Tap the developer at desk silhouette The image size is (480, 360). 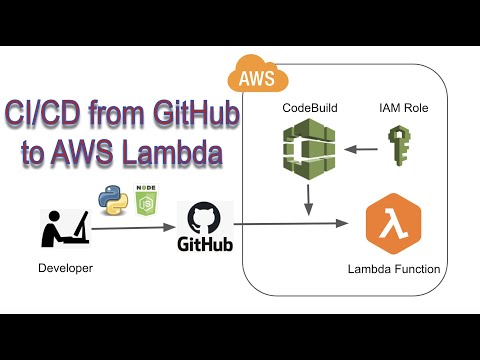(61, 229)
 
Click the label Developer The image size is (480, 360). (64, 268)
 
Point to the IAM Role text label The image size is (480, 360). (400, 106)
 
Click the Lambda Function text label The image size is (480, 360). (393, 269)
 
